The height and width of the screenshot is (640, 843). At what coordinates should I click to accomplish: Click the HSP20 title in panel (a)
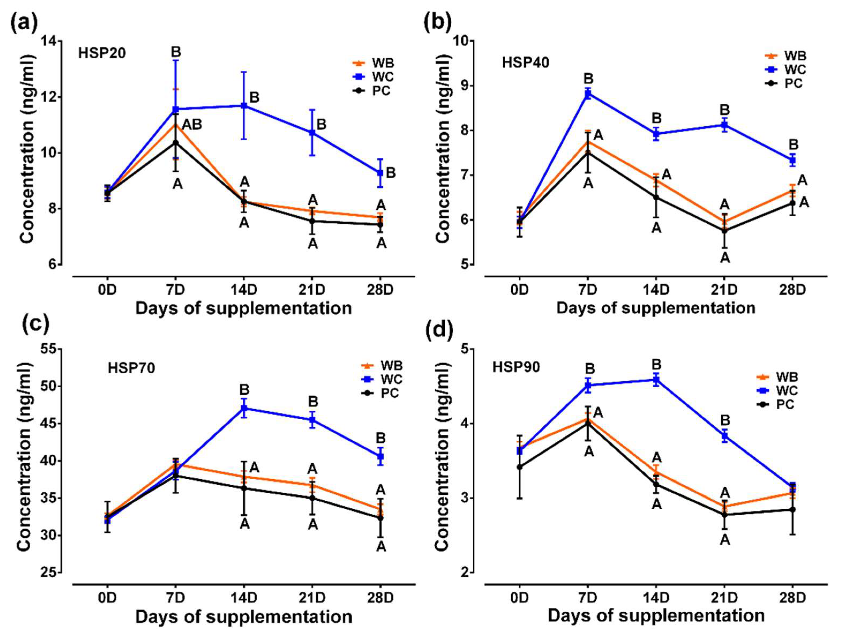click(102, 53)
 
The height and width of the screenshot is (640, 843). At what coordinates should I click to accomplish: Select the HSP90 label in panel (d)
click(516, 367)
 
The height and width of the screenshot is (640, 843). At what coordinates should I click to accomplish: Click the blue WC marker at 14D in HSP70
click(244, 408)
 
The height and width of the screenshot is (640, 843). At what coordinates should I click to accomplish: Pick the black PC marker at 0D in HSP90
click(519, 466)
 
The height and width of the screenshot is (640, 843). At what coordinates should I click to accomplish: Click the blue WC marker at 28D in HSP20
click(380, 173)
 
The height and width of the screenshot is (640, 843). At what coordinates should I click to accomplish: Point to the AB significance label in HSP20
click(192, 124)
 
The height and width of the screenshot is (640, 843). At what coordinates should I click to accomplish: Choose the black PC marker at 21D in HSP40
click(724, 231)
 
